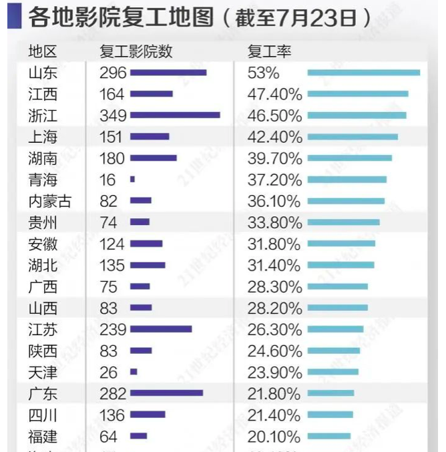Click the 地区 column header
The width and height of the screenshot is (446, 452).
coord(43,52)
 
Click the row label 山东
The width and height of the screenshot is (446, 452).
coord(43,73)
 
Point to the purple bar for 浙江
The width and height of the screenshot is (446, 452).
coord(175,116)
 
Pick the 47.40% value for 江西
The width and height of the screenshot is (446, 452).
coord(274,94)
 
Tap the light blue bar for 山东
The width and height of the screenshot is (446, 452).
coord(363,73)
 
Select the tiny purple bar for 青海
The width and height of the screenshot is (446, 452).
coord(132,180)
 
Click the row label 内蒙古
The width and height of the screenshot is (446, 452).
coord(50,201)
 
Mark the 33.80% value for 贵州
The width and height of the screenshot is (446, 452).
coord(274,222)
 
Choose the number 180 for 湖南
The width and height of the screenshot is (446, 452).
coord(112,158)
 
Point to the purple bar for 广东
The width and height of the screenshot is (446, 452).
coord(166,393)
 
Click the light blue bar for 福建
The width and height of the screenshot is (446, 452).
coord(328,437)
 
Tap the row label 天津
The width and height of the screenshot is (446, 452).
coord(43,372)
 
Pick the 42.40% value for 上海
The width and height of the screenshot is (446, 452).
coord(274,137)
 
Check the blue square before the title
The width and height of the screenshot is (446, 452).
coord(13,17)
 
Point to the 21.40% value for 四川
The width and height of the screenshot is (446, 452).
coord(274,415)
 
